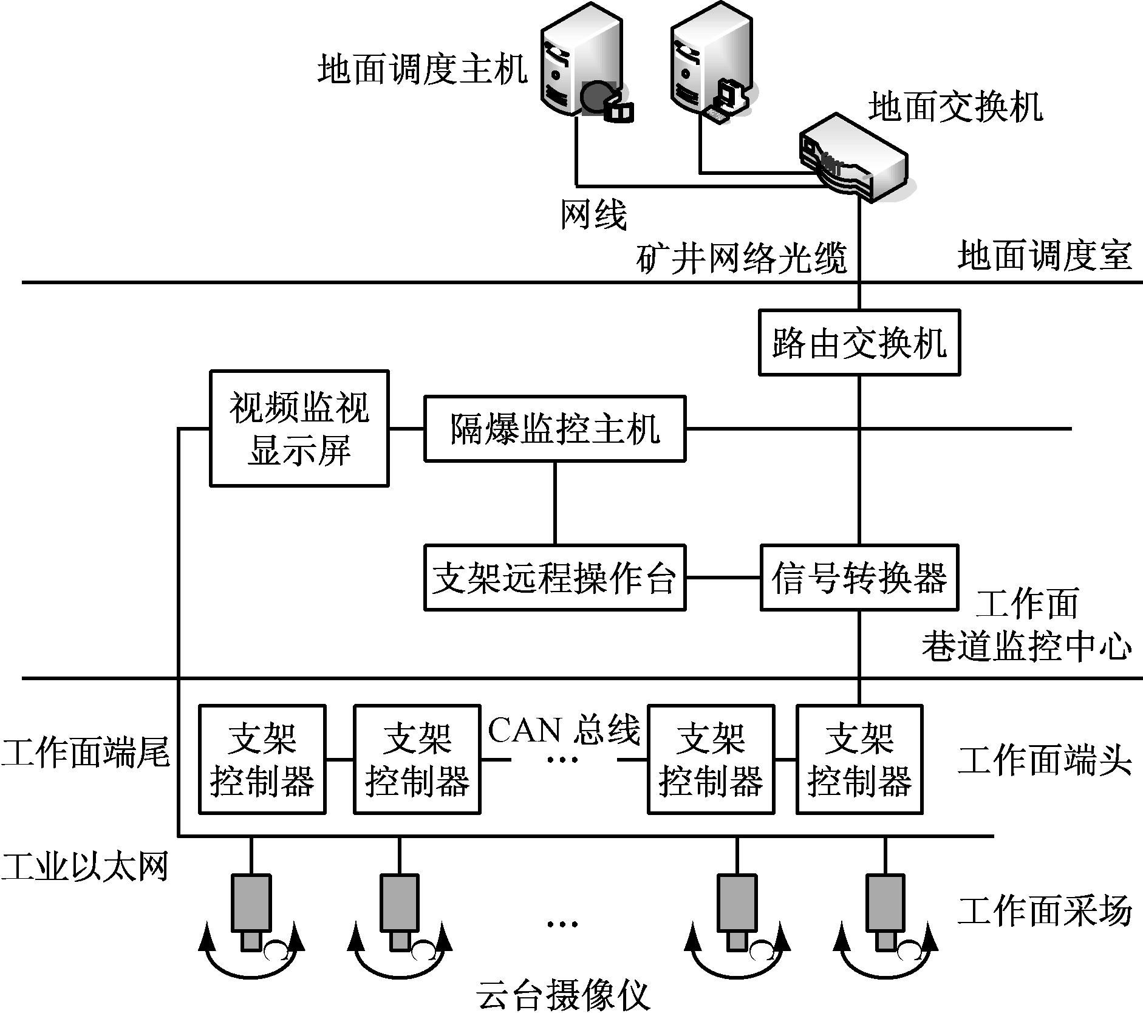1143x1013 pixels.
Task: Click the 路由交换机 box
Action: pos(859,343)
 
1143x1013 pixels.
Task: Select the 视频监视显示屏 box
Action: pos(299,428)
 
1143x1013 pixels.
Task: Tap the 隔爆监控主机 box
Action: pos(554,428)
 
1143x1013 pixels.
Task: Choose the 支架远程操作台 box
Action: pos(554,578)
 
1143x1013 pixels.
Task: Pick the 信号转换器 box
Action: pos(859,578)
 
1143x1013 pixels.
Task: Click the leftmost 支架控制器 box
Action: pos(262,759)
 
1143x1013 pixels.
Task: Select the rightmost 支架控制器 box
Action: pos(859,759)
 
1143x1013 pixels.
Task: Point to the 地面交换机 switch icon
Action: pos(853,158)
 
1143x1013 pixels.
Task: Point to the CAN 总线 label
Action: pos(564,730)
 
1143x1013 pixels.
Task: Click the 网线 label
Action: pos(593,214)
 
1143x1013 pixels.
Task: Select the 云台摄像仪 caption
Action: pos(564,994)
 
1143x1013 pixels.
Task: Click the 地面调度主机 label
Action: pos(422,69)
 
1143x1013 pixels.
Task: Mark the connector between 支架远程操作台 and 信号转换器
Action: pos(723,578)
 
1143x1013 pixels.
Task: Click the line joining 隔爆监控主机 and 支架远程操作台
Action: pos(554,503)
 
